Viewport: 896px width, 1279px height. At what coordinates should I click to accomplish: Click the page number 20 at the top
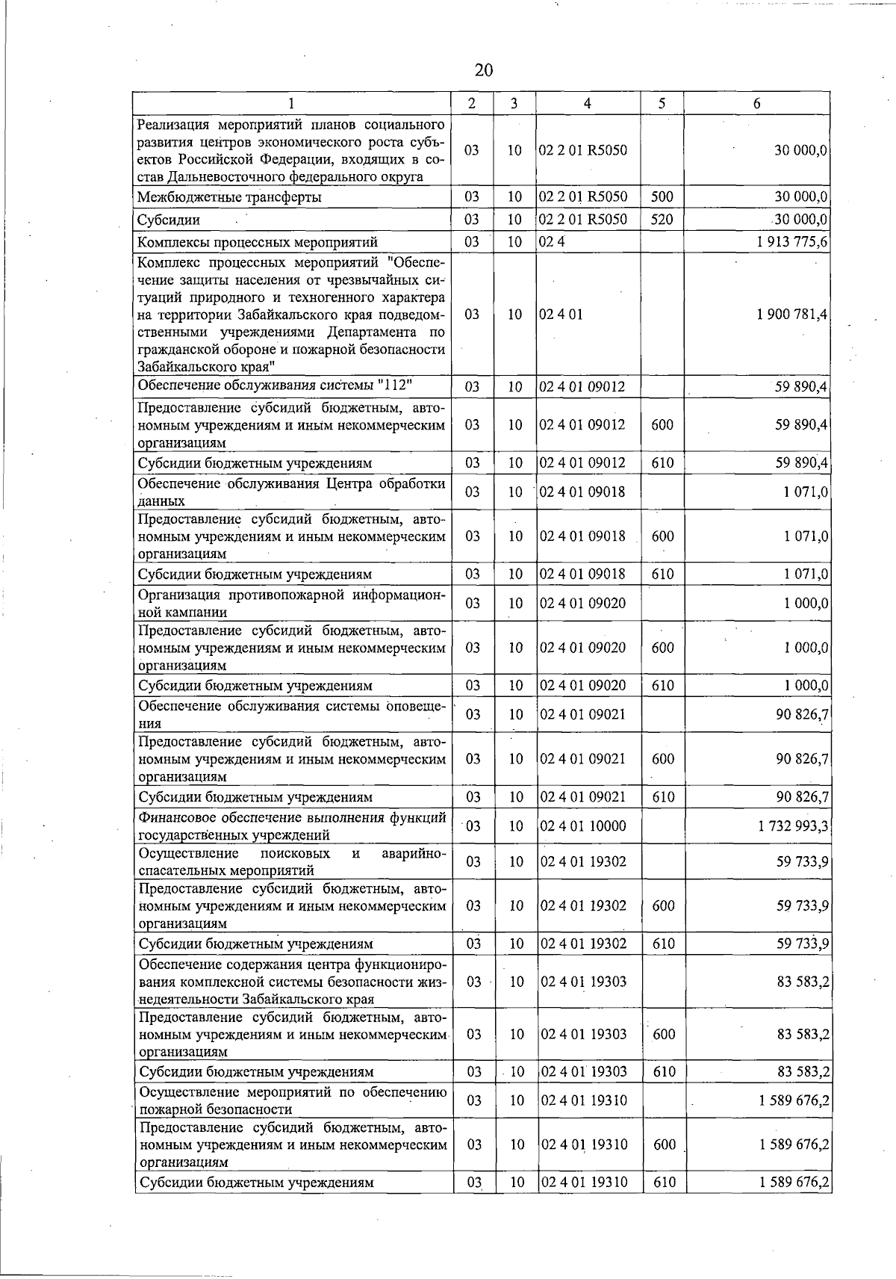[484, 70]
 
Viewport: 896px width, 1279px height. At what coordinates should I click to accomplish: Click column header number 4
[588, 104]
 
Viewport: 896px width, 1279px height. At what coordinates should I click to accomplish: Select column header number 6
[756, 104]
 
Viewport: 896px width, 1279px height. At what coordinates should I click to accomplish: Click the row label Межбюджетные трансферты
[230, 198]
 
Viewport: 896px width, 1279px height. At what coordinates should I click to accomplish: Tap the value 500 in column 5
[662, 198]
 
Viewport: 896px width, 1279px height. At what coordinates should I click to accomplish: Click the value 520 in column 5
[662, 220]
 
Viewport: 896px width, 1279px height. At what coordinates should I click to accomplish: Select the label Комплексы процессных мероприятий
[258, 242]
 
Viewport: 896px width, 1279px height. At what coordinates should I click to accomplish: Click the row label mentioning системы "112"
[276, 385]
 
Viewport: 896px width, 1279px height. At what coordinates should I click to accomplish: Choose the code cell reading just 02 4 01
[556, 315]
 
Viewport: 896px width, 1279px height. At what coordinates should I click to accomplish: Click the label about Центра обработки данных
[292, 492]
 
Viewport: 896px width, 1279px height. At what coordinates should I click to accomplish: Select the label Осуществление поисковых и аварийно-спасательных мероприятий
[292, 861]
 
